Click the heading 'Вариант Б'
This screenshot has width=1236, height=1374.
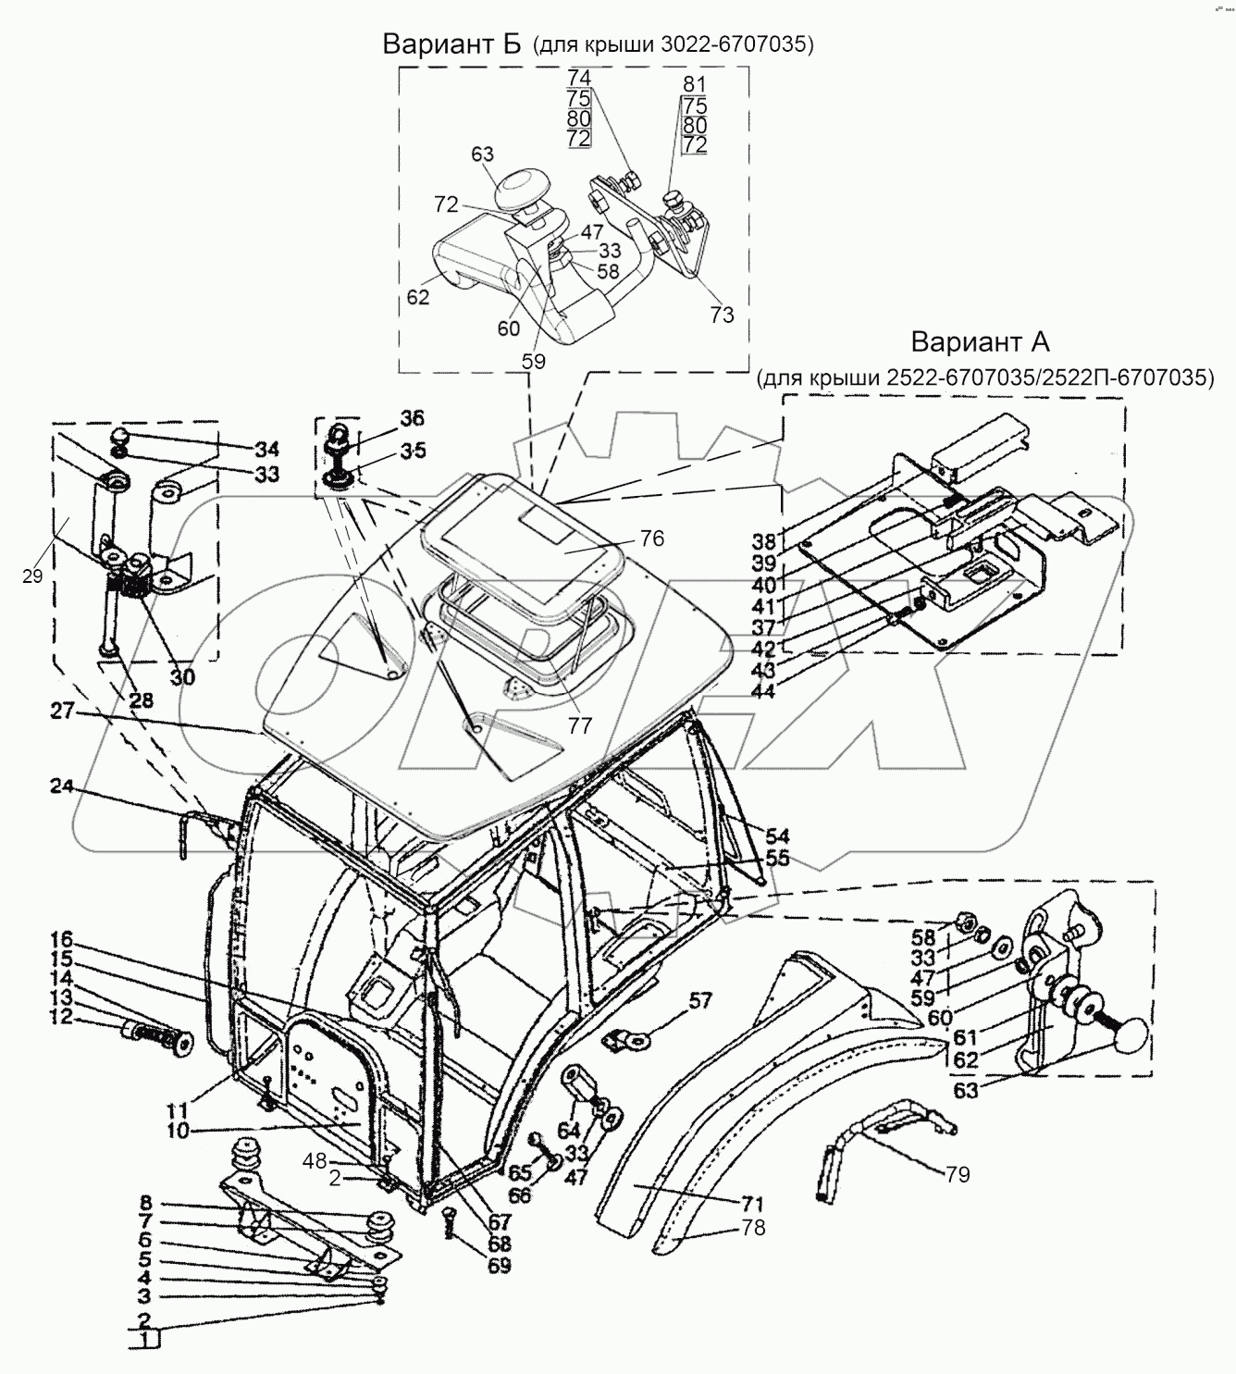452,43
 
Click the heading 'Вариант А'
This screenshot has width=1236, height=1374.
980,341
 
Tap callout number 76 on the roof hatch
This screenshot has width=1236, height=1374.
651,538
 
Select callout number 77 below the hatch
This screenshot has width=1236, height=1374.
579,726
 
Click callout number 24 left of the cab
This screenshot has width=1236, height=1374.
62,787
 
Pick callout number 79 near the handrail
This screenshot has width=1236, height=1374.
958,1174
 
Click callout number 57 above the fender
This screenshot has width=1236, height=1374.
701,1000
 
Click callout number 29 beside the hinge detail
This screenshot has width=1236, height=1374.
32,576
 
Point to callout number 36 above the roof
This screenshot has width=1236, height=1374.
414,417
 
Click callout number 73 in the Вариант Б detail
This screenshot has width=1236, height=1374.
722,315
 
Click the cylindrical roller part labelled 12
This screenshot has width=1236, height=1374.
155,1032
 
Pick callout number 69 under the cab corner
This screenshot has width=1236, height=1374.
499,1265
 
